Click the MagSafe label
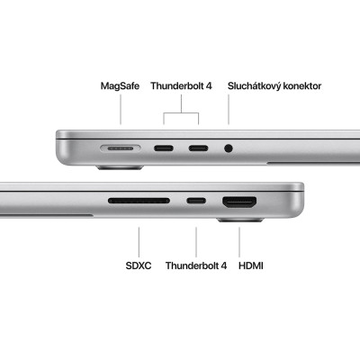click(120, 86)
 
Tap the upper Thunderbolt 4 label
click(181, 86)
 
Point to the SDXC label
click(139, 266)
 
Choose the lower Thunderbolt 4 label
click(196, 266)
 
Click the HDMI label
click(251, 266)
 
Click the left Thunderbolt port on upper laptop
click(166, 148)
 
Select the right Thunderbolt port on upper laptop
click(199, 148)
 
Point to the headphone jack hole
click(229, 148)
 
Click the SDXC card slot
click(139, 200)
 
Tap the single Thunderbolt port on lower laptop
click(196, 200)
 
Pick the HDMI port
click(239, 201)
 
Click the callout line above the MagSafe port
click(121, 112)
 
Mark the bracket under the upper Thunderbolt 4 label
click(182, 114)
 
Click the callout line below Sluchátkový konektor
click(229, 112)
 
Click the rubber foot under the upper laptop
click(120, 166)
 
